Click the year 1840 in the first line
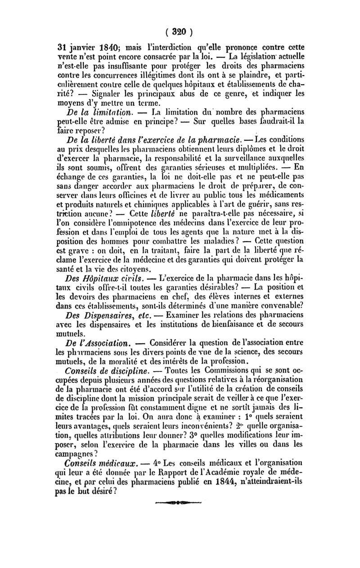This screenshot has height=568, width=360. pyautogui.click(x=97, y=48)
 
